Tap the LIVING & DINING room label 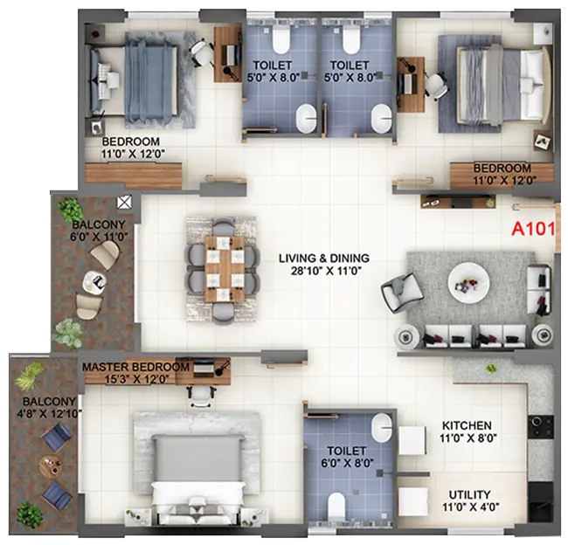(x=324, y=259)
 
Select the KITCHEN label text (x=466, y=425)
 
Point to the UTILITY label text (x=469, y=494)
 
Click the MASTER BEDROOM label (x=135, y=368)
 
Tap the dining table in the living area (x=222, y=269)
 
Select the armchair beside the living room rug (x=397, y=291)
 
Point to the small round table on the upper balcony (x=93, y=283)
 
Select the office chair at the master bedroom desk (x=200, y=393)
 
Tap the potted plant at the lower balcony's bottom (x=30, y=514)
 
